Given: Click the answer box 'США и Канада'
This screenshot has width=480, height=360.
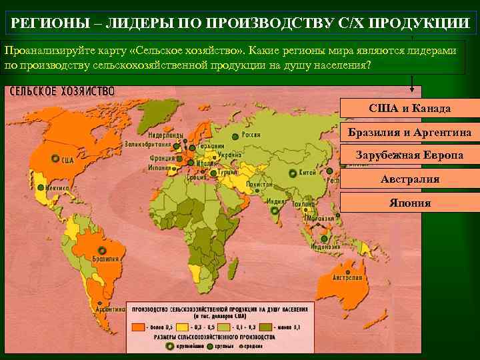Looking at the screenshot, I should (x=410, y=109).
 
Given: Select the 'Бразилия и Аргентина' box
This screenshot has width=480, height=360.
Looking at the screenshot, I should (x=410, y=133).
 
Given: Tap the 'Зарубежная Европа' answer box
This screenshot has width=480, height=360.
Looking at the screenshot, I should (x=410, y=156).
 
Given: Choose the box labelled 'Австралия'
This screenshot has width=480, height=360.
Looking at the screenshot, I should (x=410, y=180).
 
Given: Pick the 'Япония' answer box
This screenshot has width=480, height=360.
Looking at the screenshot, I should (x=410, y=203).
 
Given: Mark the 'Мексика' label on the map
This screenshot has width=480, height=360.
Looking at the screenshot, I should (x=57, y=188).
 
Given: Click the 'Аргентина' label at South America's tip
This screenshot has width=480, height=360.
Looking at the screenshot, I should (x=110, y=309).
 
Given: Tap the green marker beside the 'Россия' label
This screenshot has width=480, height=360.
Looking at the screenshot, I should (x=235, y=136).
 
